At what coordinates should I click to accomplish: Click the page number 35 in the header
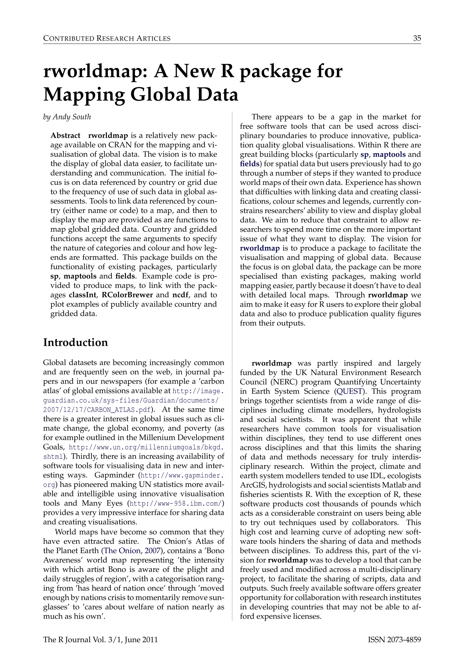click(x=417, y=38)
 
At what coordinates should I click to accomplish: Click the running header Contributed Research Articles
click(x=107, y=38)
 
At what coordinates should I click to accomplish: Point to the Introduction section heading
click(x=75, y=342)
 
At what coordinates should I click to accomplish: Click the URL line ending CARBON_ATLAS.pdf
click(x=97, y=410)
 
